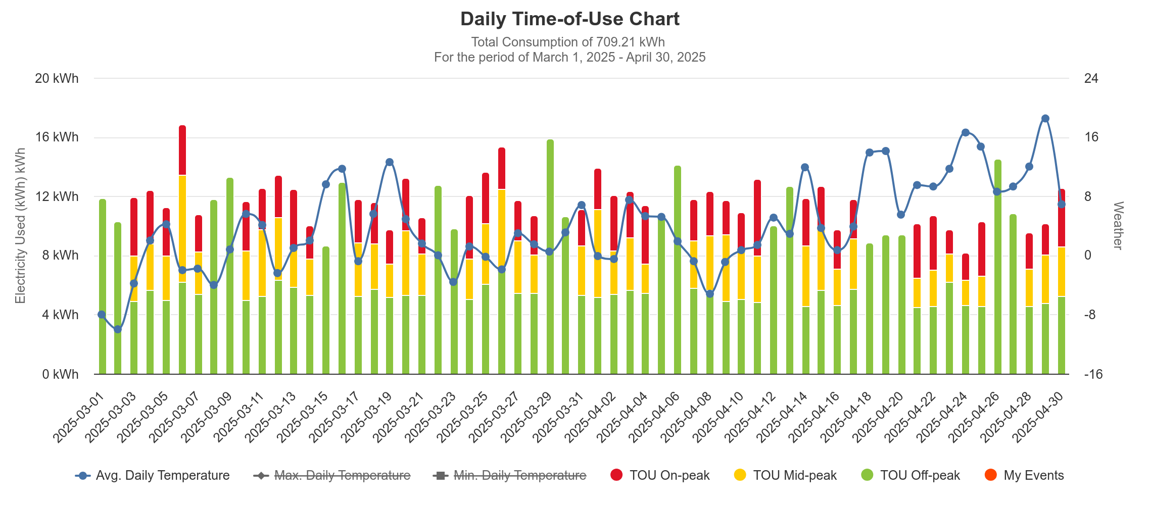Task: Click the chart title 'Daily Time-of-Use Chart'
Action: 569,19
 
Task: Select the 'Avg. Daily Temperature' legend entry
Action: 153,475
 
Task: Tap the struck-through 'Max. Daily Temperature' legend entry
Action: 332,475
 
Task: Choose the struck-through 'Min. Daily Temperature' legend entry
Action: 510,475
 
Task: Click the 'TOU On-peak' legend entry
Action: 660,475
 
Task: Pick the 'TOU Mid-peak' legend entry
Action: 785,475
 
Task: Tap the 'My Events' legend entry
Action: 1024,475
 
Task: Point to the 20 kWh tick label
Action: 57,78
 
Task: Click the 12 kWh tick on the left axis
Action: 57,196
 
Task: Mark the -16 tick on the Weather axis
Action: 1091,374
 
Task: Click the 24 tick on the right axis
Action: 1091,78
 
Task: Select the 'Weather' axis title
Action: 1118,225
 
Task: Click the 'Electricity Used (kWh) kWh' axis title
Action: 20,226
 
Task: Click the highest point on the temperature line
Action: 1045,119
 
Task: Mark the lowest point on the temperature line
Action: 118,329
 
